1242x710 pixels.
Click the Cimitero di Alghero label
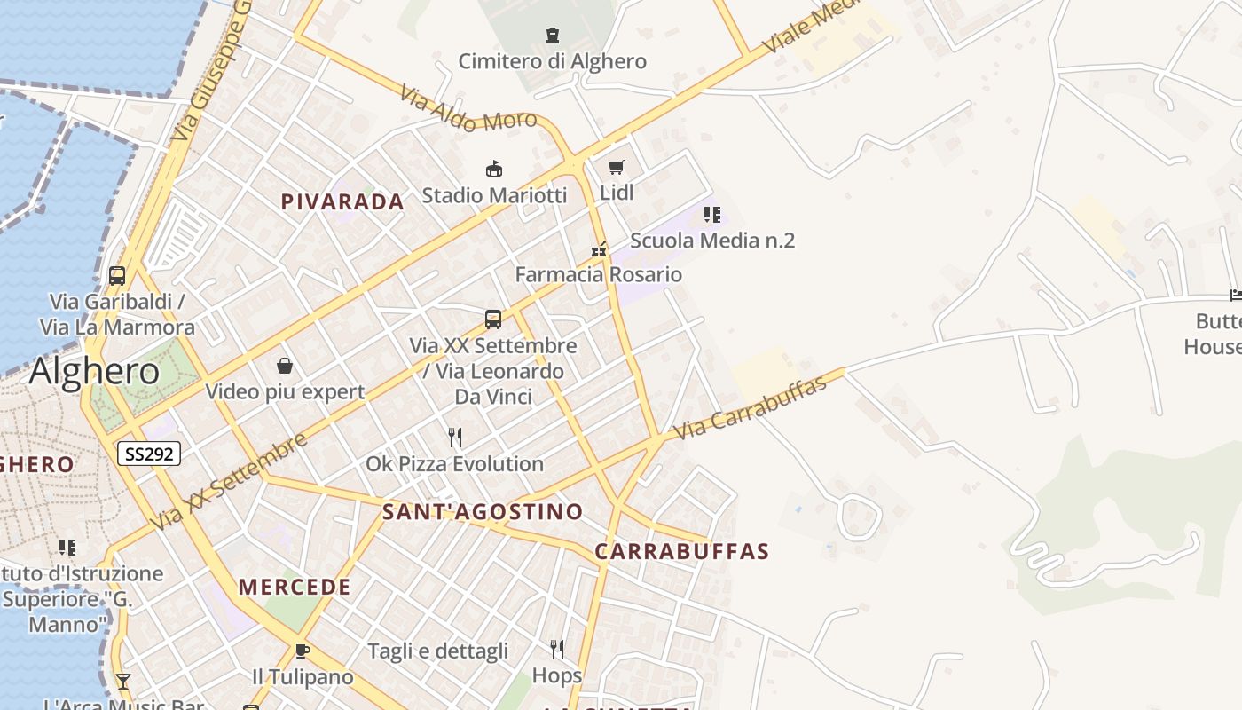click(x=552, y=61)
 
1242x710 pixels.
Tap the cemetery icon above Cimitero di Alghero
click(x=553, y=35)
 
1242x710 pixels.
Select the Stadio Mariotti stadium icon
click(x=493, y=169)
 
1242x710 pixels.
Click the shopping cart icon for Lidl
click(x=617, y=167)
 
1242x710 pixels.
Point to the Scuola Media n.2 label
click(x=711, y=241)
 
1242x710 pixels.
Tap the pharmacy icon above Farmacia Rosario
click(x=599, y=249)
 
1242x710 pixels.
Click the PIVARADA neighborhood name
click(x=342, y=201)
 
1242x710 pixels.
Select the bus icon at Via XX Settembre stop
click(x=493, y=319)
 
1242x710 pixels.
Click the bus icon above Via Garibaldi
click(x=117, y=275)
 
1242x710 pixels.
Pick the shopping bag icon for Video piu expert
click(x=285, y=366)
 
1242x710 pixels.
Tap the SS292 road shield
click(x=149, y=454)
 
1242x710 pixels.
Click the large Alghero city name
click(x=94, y=371)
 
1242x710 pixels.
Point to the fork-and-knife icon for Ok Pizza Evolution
click(x=455, y=438)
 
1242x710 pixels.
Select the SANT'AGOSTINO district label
click(x=483, y=511)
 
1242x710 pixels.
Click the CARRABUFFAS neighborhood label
click(x=681, y=551)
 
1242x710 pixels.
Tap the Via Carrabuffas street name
click(x=750, y=407)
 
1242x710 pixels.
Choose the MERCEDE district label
click(x=295, y=587)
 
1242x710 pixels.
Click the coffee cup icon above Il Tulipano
click(x=302, y=651)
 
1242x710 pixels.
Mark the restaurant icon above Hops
click(x=557, y=650)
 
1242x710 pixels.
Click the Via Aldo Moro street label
click(x=468, y=108)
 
